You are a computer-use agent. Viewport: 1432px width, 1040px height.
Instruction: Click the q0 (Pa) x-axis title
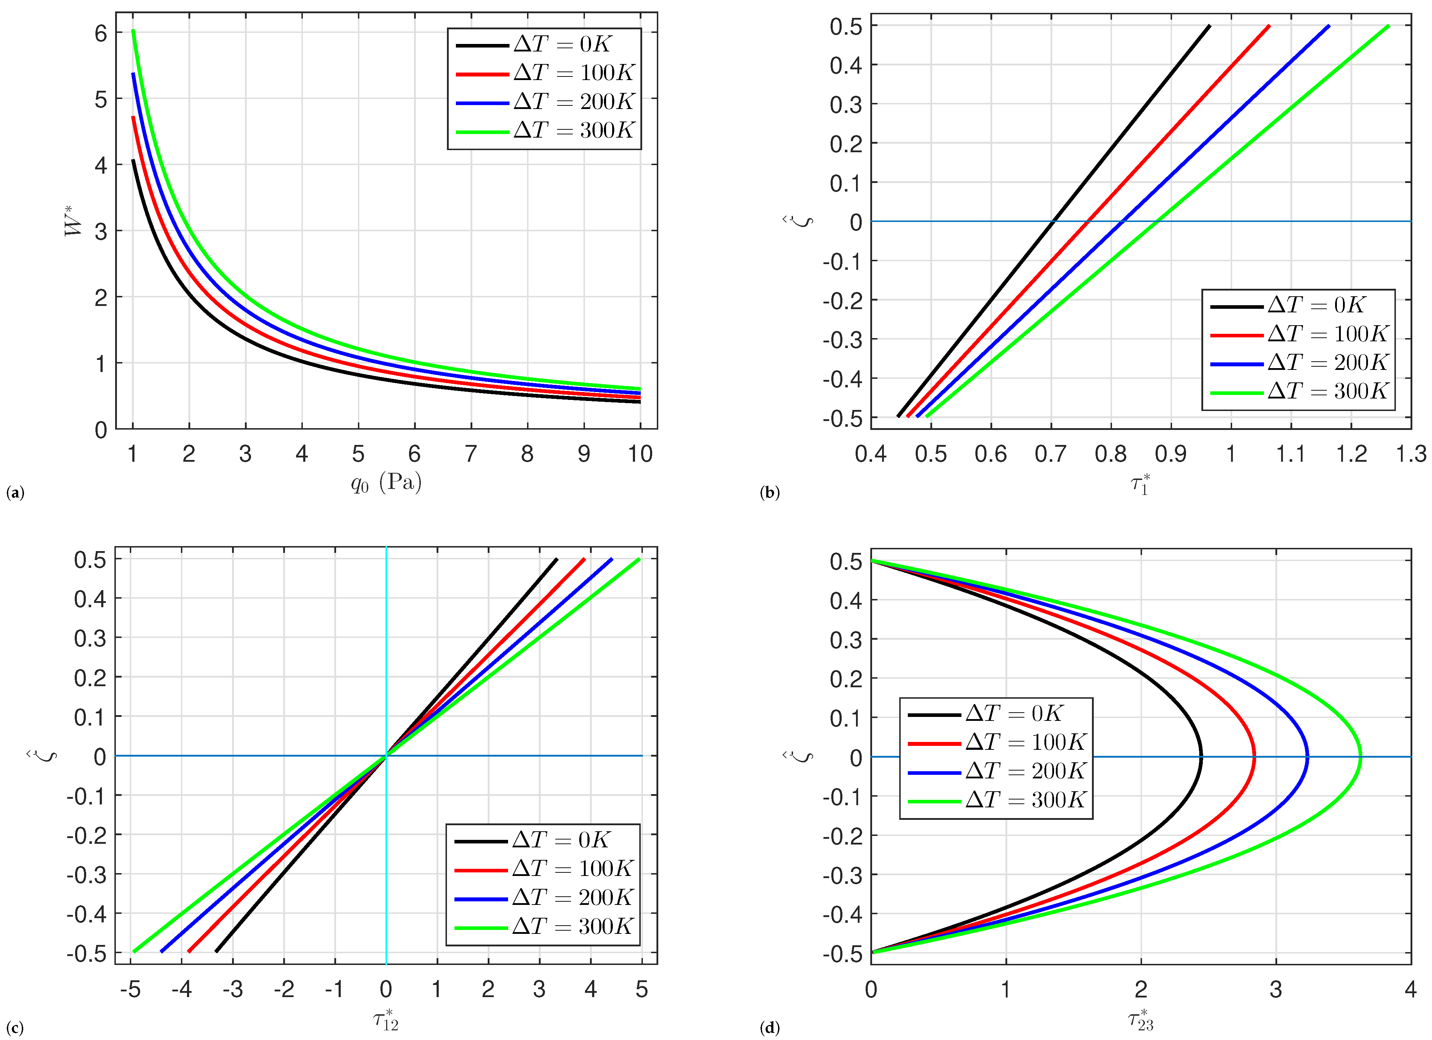click(x=387, y=483)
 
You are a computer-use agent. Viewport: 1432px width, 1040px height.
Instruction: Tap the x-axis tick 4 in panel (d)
click(x=1410, y=989)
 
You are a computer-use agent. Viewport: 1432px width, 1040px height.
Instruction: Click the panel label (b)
click(x=770, y=493)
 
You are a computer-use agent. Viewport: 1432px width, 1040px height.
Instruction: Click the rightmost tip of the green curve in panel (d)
click(x=1360, y=757)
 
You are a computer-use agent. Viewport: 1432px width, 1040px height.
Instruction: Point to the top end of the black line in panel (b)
click(x=1209, y=26)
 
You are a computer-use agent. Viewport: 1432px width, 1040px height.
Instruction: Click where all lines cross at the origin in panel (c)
click(x=386, y=756)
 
